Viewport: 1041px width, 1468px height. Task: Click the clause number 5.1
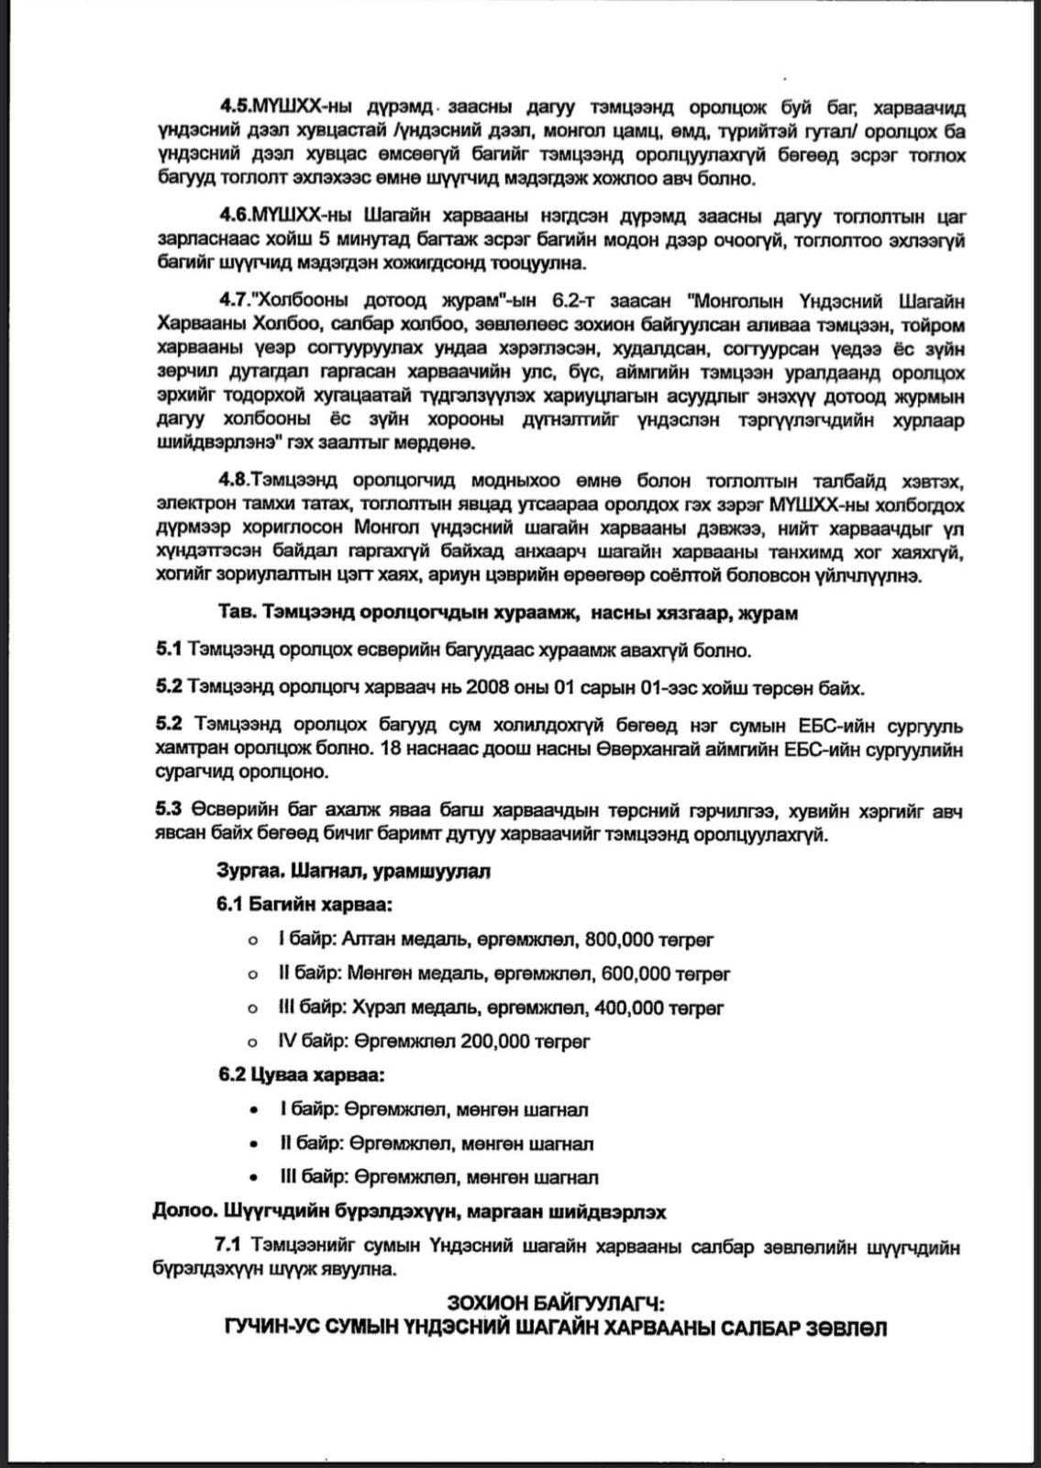[168, 651]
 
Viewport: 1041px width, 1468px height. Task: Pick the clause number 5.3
[168, 811]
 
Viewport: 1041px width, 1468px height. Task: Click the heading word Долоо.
[180, 1211]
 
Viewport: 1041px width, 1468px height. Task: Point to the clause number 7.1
[227, 1246]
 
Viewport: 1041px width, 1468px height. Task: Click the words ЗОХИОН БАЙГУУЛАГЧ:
[555, 1303]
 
